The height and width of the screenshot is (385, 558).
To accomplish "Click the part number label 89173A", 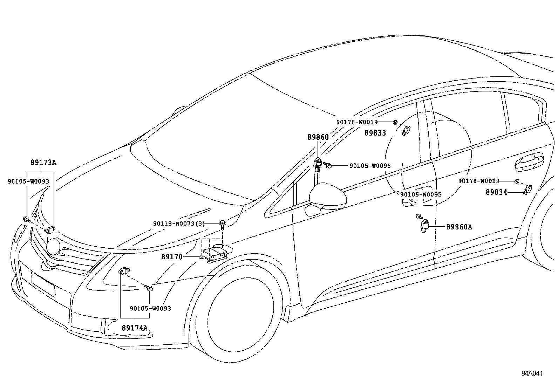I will click(43, 163).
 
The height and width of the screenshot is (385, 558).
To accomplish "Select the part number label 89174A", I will click(135, 328).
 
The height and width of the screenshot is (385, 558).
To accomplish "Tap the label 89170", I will click(172, 257).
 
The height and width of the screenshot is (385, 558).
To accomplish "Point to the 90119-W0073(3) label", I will click(179, 224).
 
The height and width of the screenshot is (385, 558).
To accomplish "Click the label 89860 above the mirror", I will click(318, 137).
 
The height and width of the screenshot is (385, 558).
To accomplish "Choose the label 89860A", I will click(459, 227).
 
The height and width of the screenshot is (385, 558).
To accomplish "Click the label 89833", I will click(375, 133).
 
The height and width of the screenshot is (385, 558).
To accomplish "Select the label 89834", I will click(496, 192).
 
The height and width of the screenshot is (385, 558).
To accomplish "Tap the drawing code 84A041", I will click(532, 373).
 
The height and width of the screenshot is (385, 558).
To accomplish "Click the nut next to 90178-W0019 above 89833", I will click(395, 122).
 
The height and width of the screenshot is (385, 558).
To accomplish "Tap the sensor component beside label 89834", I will click(527, 189).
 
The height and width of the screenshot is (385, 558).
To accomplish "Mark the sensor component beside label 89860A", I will click(424, 225).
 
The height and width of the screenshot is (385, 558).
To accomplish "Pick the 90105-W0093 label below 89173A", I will click(28, 181).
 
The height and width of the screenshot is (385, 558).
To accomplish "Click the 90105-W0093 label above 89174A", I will click(150, 309).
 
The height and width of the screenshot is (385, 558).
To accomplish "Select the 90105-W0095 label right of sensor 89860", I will click(370, 166).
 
